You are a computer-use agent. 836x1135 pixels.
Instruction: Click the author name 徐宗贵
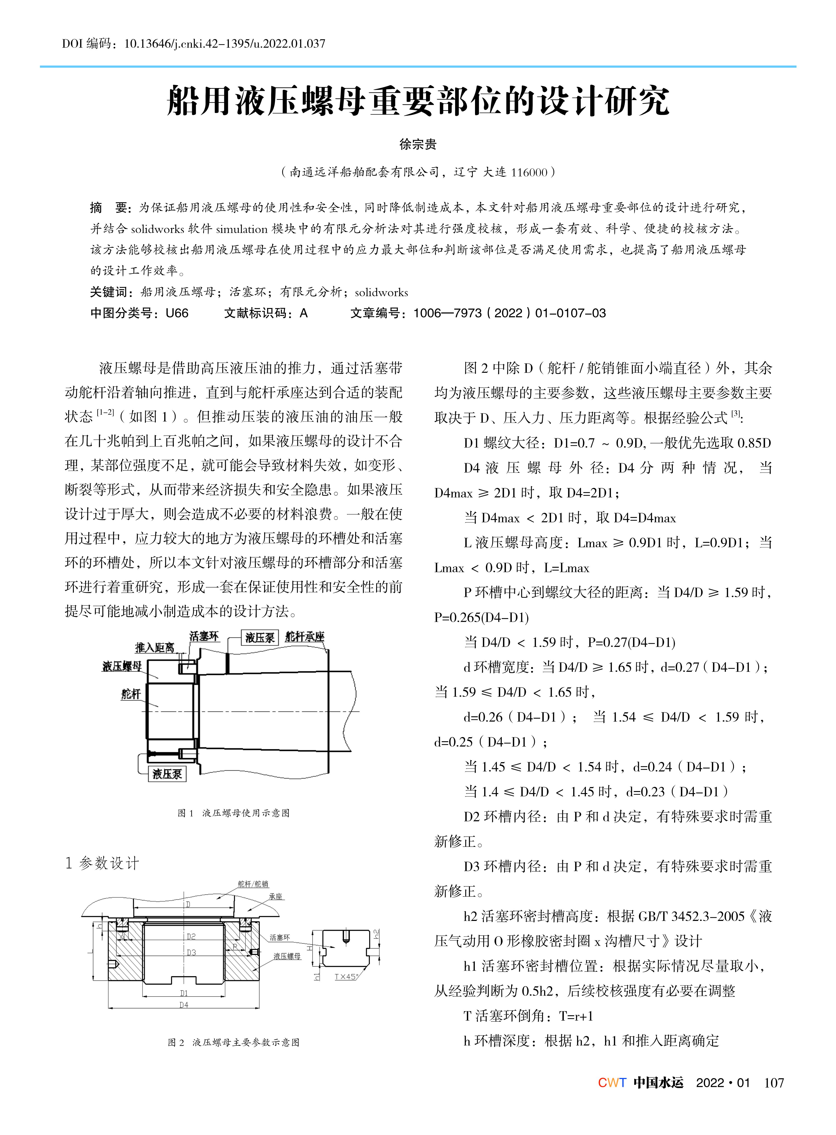[417, 144]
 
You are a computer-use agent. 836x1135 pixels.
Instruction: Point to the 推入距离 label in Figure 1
[154, 647]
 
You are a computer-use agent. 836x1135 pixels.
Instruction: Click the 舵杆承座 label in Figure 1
[305, 636]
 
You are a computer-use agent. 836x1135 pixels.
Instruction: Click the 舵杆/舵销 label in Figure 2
[253, 884]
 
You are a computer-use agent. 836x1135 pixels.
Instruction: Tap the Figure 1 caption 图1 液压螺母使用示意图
[234, 813]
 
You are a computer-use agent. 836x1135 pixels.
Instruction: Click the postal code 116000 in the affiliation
[529, 173]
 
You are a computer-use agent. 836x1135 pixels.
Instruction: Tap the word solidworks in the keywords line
[381, 293]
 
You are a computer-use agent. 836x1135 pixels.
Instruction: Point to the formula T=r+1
[576, 1016]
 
